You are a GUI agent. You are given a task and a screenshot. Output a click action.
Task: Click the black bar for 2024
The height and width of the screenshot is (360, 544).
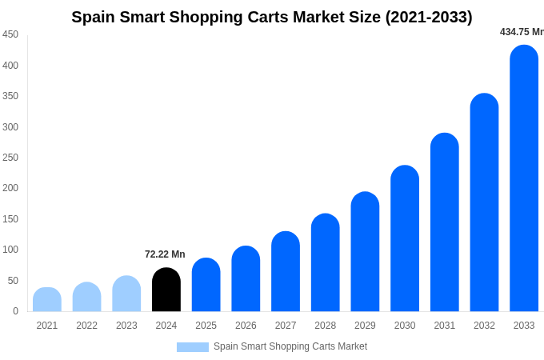click(x=166, y=290)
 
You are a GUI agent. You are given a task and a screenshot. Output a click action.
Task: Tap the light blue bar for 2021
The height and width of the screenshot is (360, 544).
click(x=47, y=299)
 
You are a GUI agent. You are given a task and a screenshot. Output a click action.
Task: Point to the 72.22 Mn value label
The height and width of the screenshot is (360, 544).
click(x=165, y=254)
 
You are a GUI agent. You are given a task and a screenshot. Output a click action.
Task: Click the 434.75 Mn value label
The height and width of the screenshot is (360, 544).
click(x=522, y=32)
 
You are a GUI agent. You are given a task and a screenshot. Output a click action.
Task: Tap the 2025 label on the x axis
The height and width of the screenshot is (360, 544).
click(x=206, y=326)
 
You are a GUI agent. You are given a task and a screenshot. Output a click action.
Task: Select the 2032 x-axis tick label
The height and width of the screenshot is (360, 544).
click(x=484, y=326)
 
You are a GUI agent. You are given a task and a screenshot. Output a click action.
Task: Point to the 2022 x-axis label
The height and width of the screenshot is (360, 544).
click(x=87, y=326)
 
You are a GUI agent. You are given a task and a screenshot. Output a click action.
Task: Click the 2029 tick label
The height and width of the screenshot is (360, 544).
click(x=365, y=326)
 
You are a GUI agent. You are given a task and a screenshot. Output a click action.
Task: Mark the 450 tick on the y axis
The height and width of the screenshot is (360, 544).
click(x=10, y=34)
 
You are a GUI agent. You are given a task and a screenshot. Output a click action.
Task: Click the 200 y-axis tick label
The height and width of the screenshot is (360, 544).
click(x=10, y=188)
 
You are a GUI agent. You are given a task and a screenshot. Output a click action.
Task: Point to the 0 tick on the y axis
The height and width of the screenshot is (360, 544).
click(x=15, y=311)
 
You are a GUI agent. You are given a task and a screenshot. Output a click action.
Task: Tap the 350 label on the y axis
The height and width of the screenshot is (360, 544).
click(x=10, y=96)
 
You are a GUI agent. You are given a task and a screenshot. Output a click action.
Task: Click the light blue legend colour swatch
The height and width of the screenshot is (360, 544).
click(x=193, y=347)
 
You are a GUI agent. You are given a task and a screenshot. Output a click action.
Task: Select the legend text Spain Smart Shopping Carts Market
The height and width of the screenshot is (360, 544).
click(x=290, y=346)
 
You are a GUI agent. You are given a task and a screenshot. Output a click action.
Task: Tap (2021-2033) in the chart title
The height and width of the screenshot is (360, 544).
click(x=429, y=17)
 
